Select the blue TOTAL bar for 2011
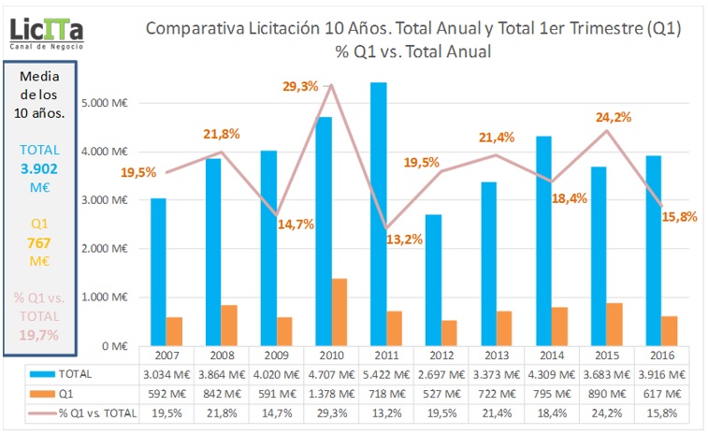378,214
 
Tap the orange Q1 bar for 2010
340,312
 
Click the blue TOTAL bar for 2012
433,280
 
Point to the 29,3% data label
301,86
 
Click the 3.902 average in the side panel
38,168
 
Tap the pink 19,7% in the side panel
38,334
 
